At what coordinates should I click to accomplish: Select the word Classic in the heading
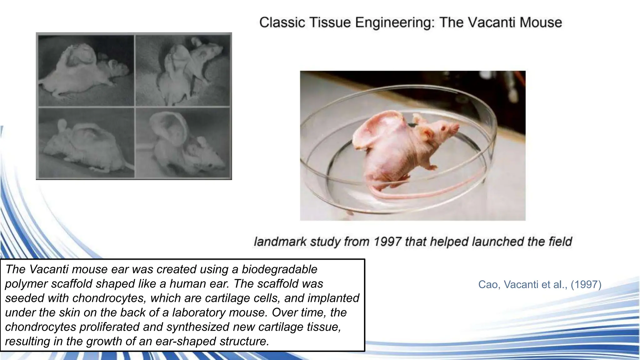[x=282, y=22]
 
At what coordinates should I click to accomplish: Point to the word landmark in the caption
[x=280, y=242]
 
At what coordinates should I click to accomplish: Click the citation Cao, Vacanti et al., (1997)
[x=540, y=284]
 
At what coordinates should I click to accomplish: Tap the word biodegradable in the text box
[x=279, y=269]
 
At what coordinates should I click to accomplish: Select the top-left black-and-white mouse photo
[x=86, y=70]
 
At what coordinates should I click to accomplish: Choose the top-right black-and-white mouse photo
[x=183, y=70]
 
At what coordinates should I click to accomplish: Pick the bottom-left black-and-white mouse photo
[x=86, y=143]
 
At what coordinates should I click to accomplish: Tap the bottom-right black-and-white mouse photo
[x=183, y=143]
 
